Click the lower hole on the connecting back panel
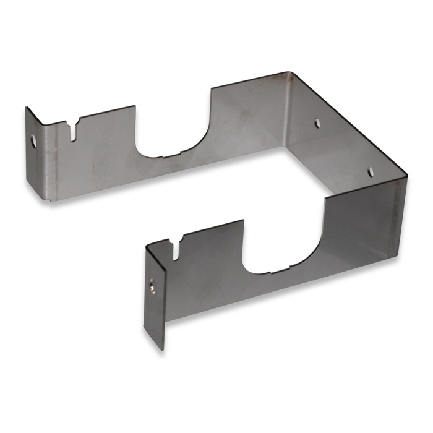coord(371,171)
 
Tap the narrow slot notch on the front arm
coord(177,246)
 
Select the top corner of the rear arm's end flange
coord(27,108)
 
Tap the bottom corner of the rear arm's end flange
coord(45,199)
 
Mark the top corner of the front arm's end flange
coord(147,246)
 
